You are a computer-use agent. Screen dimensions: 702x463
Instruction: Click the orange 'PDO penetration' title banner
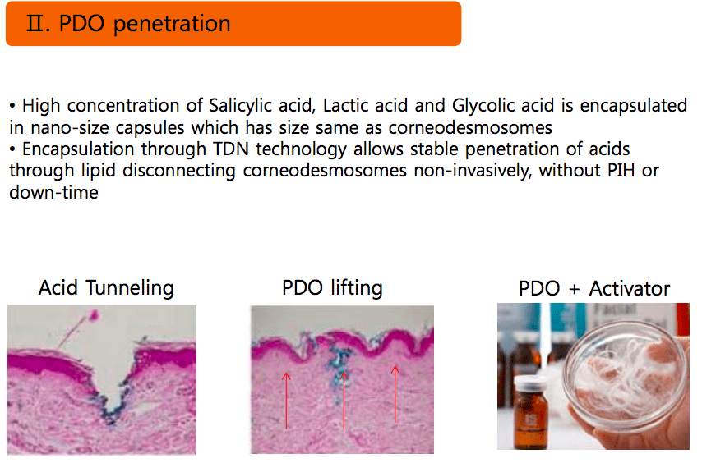coord(233,23)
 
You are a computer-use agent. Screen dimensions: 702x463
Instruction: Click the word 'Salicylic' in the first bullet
coord(240,106)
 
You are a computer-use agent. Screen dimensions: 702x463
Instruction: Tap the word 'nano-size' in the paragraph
coord(70,128)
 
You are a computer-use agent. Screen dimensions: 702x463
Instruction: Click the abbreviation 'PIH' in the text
coord(621,170)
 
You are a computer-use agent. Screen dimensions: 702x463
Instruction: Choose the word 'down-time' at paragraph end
coord(53,192)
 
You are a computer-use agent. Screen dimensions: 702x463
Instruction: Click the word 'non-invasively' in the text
coord(473,171)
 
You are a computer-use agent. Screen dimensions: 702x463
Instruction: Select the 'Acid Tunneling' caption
coord(106,288)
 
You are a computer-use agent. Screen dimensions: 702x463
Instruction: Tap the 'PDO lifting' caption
coord(332,288)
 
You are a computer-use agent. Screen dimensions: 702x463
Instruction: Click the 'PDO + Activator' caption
coord(594,288)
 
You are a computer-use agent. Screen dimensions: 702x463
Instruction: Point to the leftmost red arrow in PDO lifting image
coord(287,401)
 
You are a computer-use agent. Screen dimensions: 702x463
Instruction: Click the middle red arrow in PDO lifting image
coord(344,401)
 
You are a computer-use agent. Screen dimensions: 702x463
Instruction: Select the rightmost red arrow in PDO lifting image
coord(395,394)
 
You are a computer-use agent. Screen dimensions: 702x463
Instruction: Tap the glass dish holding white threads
coord(626,376)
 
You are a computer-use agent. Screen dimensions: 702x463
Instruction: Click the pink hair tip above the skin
coord(94,315)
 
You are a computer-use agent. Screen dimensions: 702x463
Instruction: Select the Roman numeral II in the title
coord(35,23)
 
